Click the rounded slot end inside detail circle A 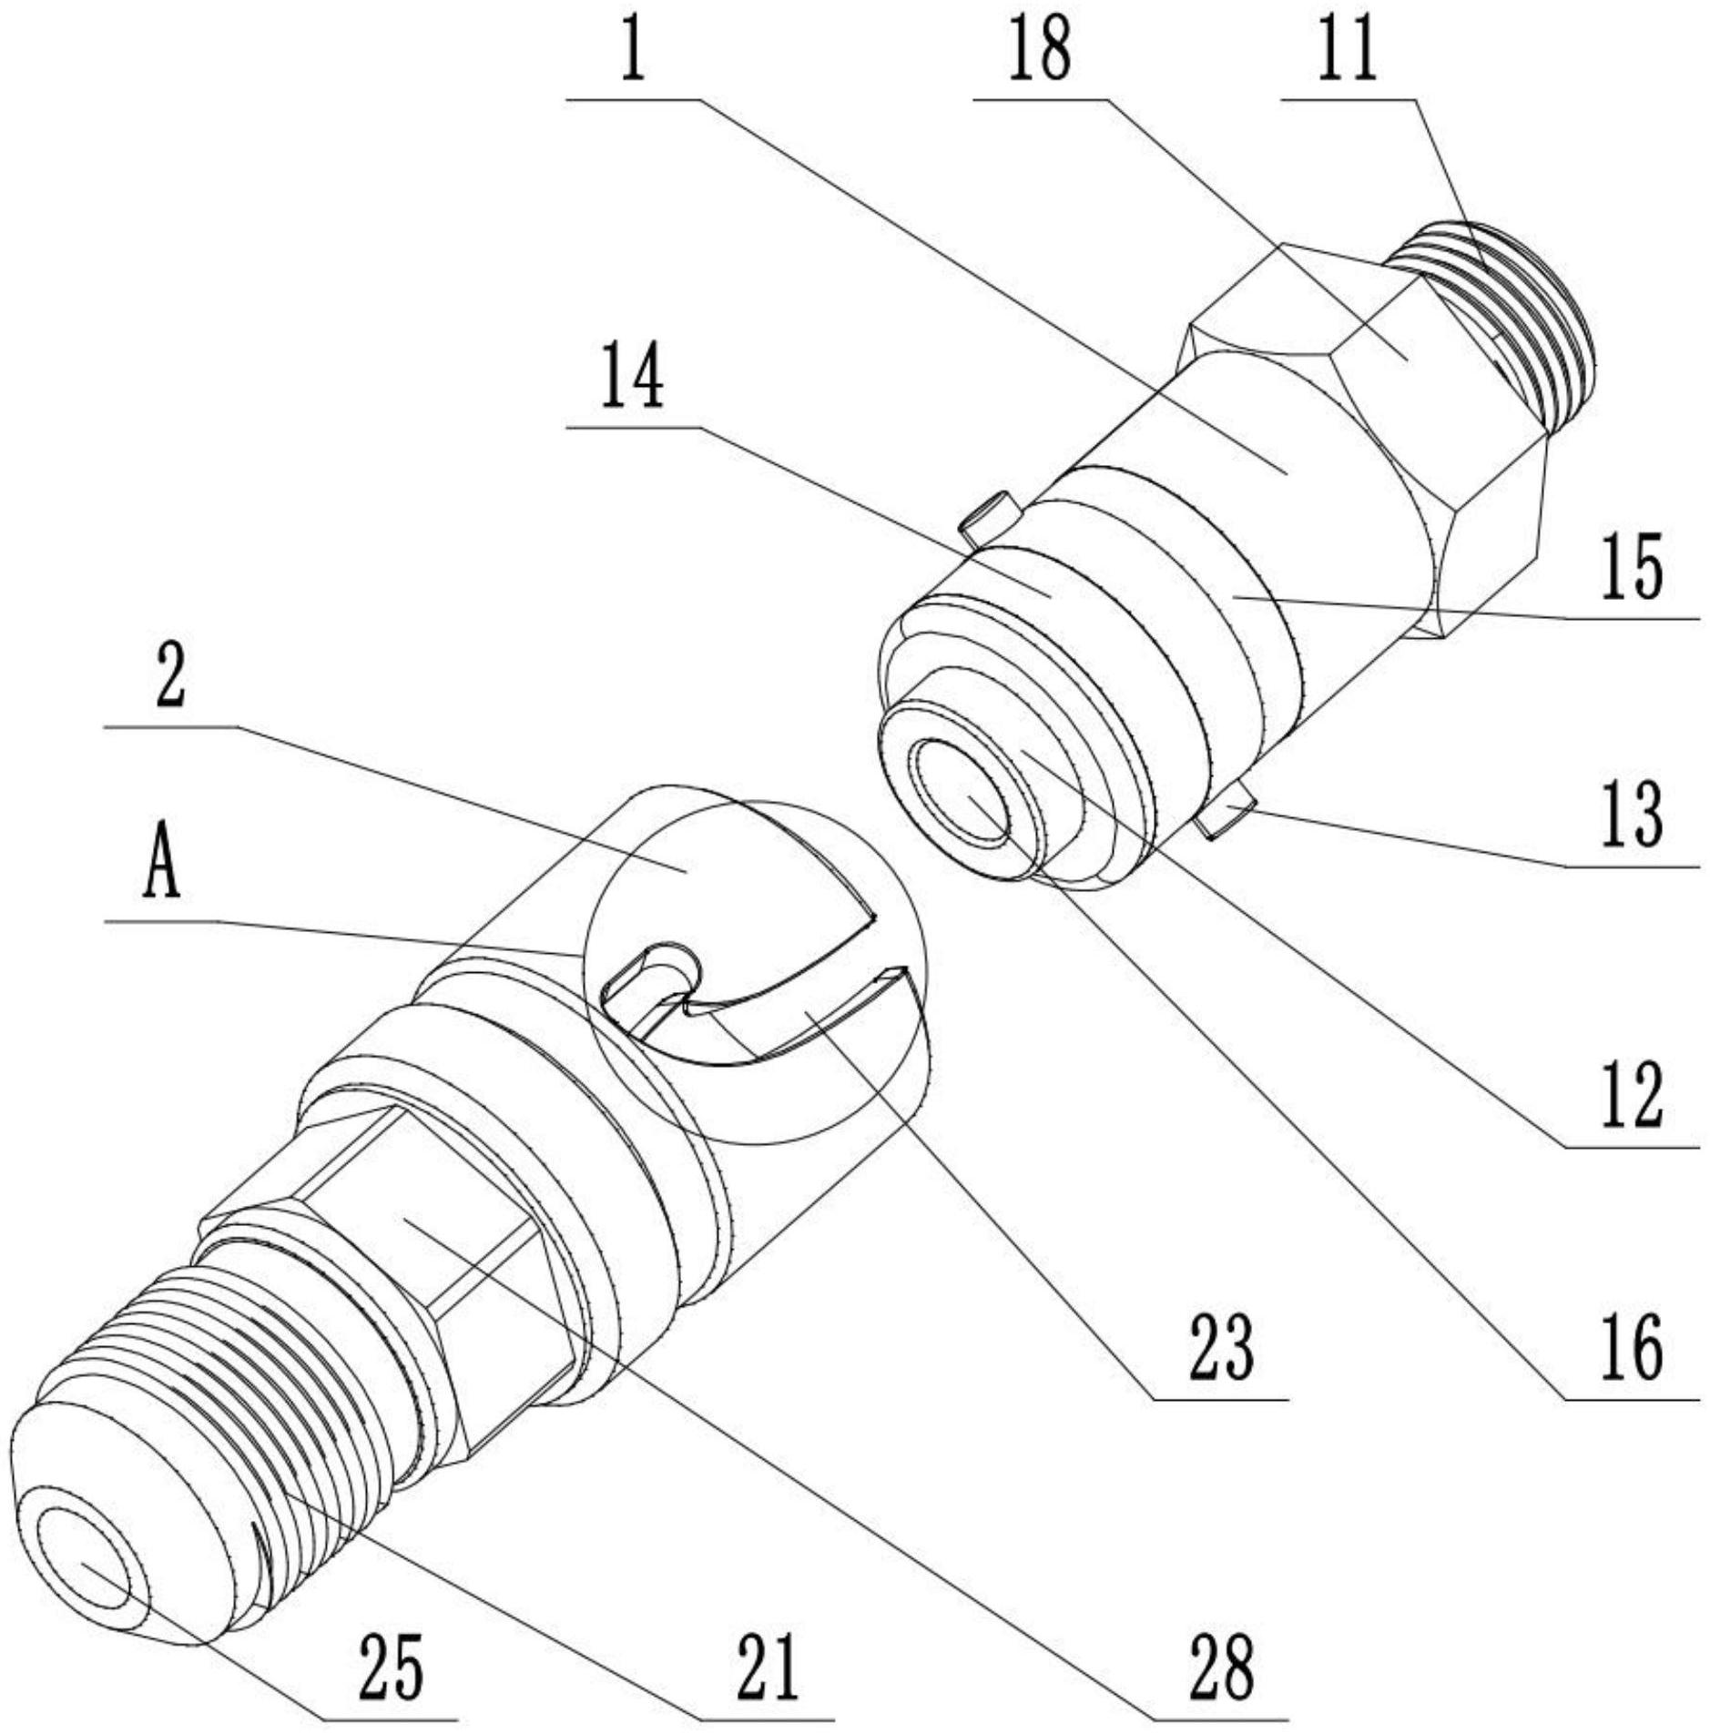672,959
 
